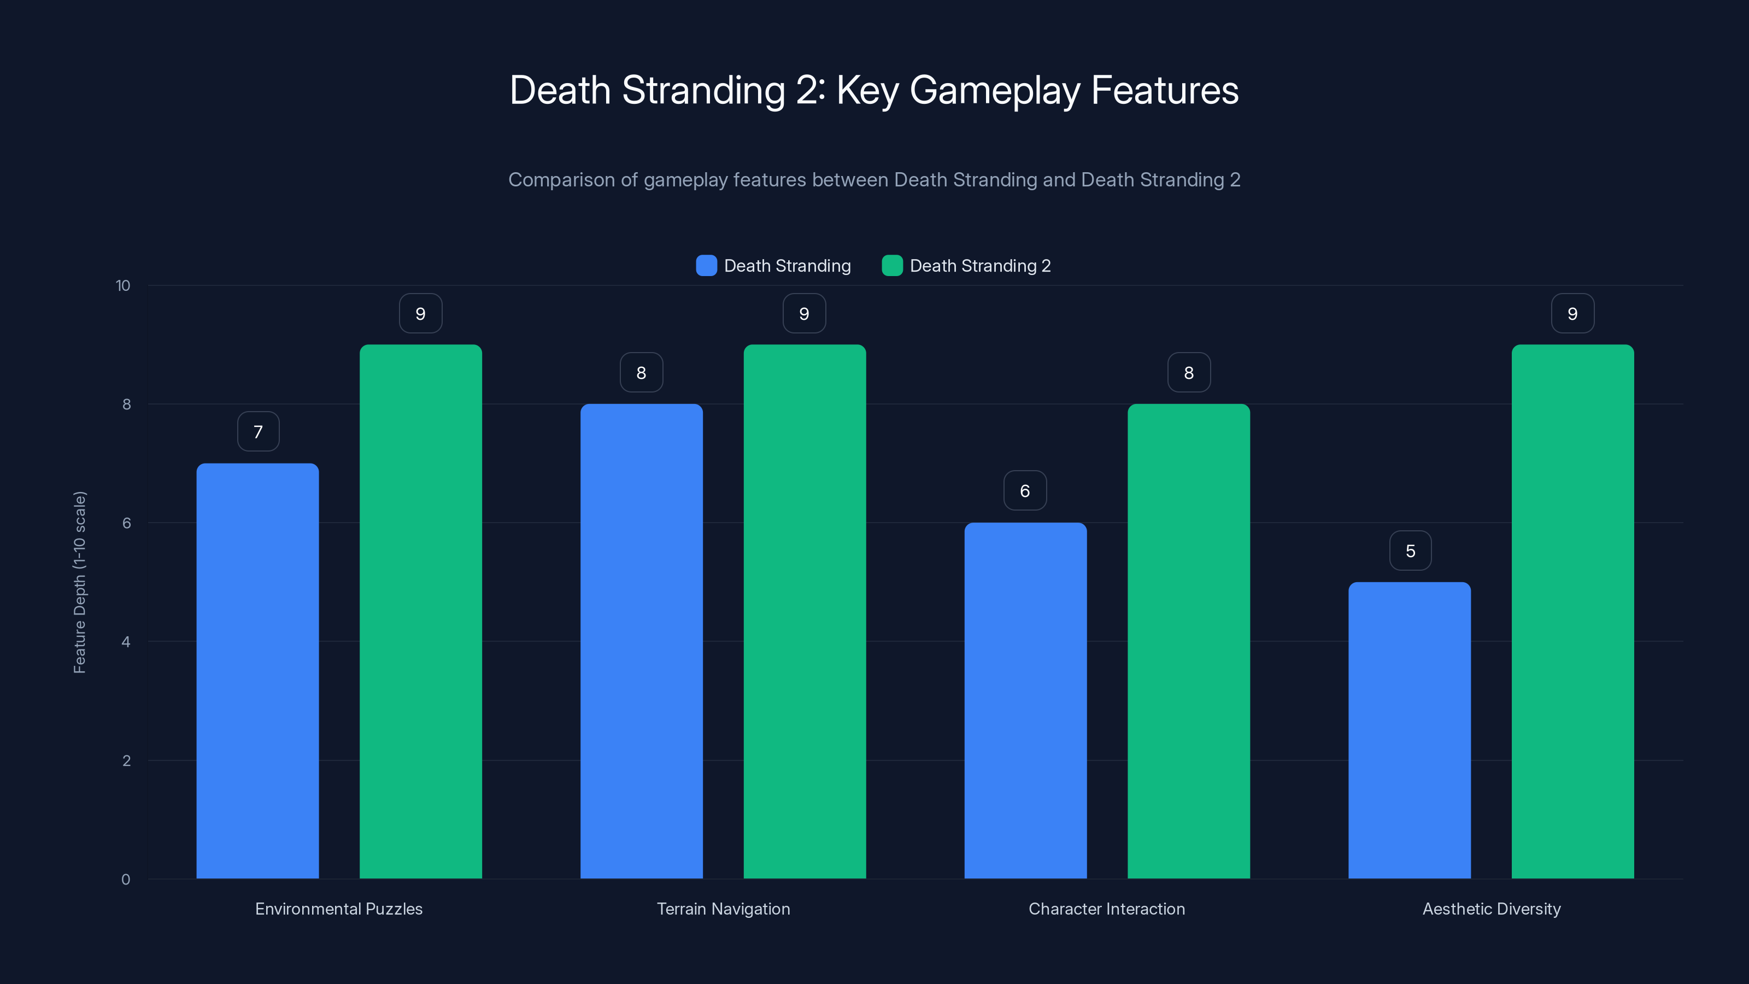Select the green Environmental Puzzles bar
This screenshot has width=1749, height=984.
tap(420, 611)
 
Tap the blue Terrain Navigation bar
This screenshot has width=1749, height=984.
tap(641, 641)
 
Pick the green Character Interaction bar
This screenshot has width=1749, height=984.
tap(1188, 641)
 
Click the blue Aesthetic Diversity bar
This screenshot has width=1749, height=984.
tap(1410, 730)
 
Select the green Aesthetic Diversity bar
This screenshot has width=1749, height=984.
tap(1572, 611)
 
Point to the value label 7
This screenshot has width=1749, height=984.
tap(258, 431)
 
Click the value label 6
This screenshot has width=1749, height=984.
tap(1025, 490)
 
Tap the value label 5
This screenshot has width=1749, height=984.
tap(1410, 550)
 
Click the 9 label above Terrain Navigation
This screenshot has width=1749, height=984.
tap(804, 313)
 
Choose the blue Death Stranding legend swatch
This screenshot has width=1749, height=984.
tap(706, 266)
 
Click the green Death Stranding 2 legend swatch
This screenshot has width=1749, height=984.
tap(891, 266)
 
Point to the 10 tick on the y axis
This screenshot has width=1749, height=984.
tap(123, 285)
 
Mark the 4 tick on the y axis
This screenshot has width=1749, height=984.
tap(126, 642)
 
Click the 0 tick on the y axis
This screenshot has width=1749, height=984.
tap(126, 880)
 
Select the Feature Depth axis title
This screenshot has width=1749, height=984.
tap(79, 582)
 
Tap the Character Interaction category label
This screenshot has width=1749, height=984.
tap(1107, 909)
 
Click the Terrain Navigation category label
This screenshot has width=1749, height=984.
tap(723, 909)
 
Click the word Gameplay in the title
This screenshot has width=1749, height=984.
tap(994, 90)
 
